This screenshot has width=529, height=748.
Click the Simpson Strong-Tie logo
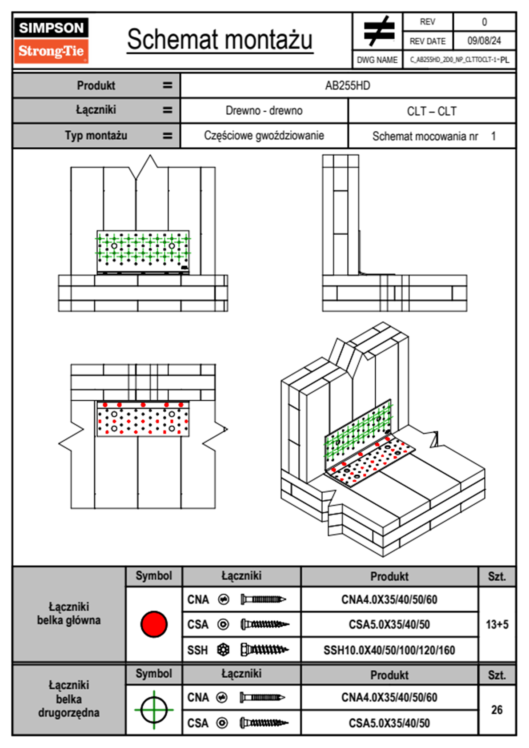[51, 40]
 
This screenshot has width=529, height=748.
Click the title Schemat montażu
[220, 40]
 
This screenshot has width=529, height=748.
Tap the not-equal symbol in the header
[378, 31]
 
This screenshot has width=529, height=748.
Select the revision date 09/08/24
[484, 41]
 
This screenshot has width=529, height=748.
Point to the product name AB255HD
[347, 85]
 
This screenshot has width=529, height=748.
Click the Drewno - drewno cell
[264, 111]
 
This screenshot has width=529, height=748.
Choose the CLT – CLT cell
[431, 111]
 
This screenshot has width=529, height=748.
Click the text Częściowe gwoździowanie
[264, 136]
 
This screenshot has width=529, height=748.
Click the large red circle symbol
[154, 624]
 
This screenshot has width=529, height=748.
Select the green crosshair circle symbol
[154, 710]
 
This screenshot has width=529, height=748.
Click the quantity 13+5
[497, 624]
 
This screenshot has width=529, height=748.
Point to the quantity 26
[497, 710]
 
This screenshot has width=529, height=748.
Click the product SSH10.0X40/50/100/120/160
[389, 650]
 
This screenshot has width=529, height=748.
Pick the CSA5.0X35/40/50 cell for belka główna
[389, 624]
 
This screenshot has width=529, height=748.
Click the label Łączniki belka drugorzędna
[68, 699]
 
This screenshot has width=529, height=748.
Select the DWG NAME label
[377, 60]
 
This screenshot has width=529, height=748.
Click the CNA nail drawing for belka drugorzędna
[262, 697]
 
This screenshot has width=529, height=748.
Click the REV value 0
[484, 22]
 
